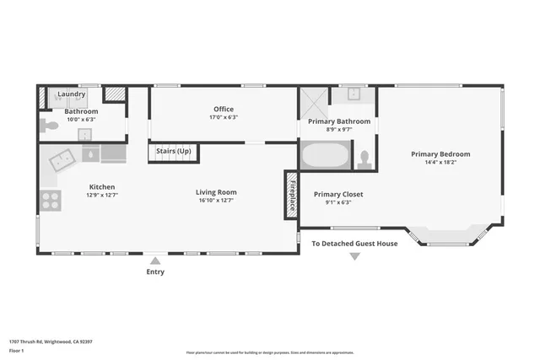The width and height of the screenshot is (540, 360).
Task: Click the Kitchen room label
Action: pyautogui.click(x=102, y=187)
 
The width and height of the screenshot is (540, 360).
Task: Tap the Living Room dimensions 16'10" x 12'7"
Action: pyautogui.click(x=216, y=201)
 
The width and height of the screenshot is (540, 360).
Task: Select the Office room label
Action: pyautogui.click(x=223, y=109)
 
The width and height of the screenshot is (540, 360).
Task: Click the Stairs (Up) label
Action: pyautogui.click(x=174, y=151)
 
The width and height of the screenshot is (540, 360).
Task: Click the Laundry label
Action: pyautogui.click(x=72, y=95)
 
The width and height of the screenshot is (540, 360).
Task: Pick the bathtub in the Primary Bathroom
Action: pyautogui.click(x=325, y=156)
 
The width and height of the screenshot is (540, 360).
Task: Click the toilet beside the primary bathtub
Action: pyautogui.click(x=364, y=158)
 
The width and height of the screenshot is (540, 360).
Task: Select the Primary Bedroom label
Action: pyautogui.click(x=440, y=154)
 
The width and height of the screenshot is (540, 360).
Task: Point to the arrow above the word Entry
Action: pyautogui.click(x=155, y=261)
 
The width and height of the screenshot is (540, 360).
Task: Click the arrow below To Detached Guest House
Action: pyautogui.click(x=354, y=256)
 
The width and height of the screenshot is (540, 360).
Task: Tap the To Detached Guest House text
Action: pyautogui.click(x=354, y=244)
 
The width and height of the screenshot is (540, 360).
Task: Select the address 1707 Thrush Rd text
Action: pyautogui.click(x=43, y=341)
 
